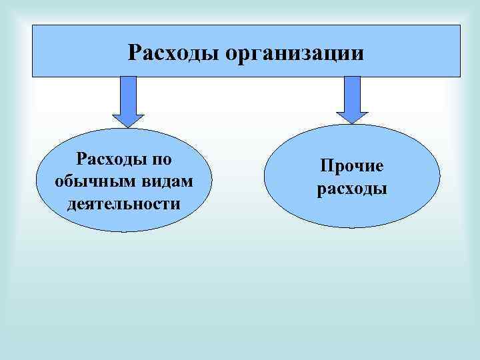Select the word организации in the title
(295, 53)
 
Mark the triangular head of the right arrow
(351, 116)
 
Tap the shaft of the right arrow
(351, 91)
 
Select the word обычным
(85, 181)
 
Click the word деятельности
(123, 203)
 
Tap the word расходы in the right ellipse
(351, 189)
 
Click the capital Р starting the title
(134, 52)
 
